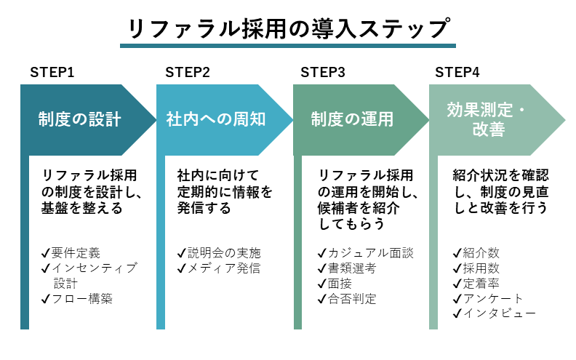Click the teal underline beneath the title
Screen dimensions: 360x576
click(287, 47)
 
